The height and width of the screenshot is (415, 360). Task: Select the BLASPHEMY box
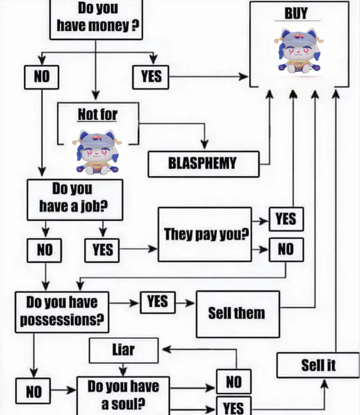[203, 164]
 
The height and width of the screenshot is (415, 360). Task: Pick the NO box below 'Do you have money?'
[41, 77]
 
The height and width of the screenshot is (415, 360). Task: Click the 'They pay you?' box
[205, 234]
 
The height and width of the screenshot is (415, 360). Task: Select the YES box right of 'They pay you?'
[286, 219]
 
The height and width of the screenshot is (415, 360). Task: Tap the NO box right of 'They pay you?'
[286, 249]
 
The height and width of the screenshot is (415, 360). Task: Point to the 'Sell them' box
[237, 314]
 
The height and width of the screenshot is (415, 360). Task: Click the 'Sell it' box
[318, 365]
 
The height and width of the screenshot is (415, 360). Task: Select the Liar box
[124, 350]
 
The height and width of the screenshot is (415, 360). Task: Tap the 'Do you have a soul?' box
[123, 395]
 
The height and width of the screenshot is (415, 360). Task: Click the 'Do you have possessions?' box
[62, 311]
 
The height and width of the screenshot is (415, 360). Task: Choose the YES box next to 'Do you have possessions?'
[157, 302]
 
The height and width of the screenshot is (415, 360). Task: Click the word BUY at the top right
[297, 13]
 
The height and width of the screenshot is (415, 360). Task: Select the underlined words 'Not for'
[97, 114]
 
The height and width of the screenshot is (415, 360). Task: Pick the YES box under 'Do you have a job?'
[102, 249]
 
